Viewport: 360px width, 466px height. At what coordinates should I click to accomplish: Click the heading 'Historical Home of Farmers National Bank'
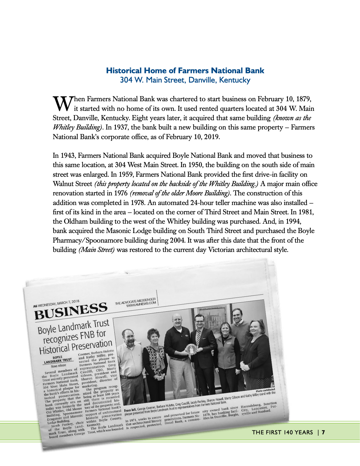(185, 70)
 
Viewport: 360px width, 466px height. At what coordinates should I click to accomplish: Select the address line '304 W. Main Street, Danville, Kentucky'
(185, 80)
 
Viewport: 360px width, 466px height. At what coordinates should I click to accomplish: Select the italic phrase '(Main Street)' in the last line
(96, 250)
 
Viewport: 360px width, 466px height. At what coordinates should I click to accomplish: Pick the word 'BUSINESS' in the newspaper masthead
(71, 310)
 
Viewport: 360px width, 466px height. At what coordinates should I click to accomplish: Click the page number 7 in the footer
(323, 432)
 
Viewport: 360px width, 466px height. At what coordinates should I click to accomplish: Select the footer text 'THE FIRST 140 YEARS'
(282, 432)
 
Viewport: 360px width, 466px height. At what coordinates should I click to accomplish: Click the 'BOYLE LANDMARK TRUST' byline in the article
(59, 359)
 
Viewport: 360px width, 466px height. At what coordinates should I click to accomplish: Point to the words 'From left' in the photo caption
(130, 410)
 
